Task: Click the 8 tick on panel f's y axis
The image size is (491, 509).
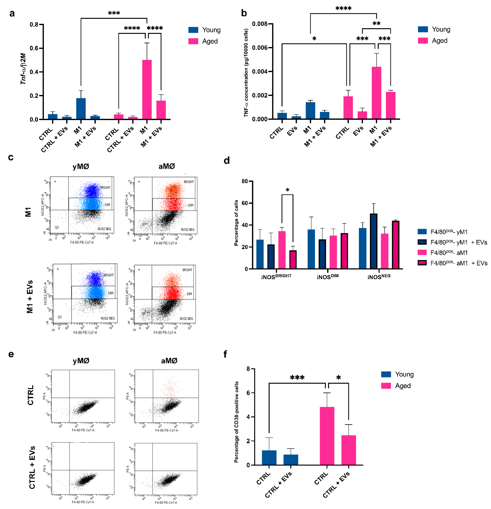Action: click(x=248, y=369)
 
